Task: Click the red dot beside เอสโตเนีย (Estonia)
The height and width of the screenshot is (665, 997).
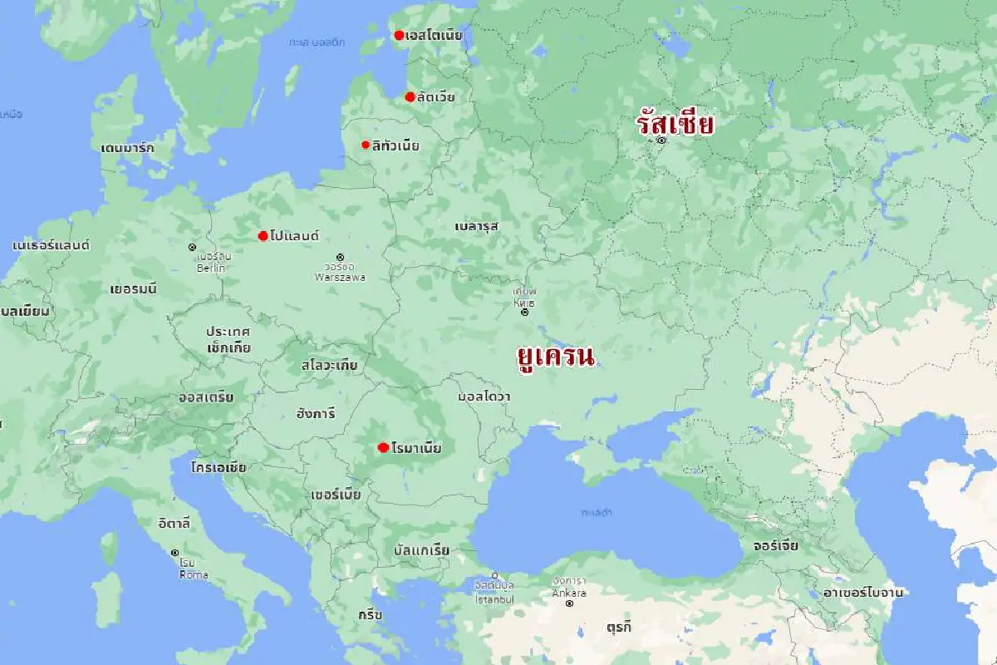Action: pyautogui.click(x=399, y=35)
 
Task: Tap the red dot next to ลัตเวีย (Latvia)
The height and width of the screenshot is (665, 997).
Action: pyautogui.click(x=410, y=97)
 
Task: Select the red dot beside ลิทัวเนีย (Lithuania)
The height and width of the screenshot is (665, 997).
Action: pyautogui.click(x=366, y=145)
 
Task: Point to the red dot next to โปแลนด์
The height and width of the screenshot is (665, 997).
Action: pyautogui.click(x=263, y=236)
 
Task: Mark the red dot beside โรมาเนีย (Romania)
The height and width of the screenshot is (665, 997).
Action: pyautogui.click(x=383, y=447)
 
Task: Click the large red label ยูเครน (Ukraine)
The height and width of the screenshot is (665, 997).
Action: pyautogui.click(x=556, y=357)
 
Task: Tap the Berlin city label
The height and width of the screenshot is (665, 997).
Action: pyautogui.click(x=211, y=268)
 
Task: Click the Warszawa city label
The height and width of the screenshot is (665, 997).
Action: pyautogui.click(x=340, y=277)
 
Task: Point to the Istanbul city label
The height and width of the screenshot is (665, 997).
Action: pyautogui.click(x=494, y=598)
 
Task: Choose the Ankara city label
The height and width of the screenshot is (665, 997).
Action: pyautogui.click(x=569, y=593)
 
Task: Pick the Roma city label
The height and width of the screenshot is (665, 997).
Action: pyautogui.click(x=194, y=574)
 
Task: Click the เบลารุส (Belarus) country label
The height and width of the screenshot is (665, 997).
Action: pyautogui.click(x=476, y=225)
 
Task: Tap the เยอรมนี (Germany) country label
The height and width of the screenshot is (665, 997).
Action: pyautogui.click(x=133, y=289)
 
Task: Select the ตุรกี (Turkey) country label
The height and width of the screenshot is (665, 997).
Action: pyautogui.click(x=618, y=627)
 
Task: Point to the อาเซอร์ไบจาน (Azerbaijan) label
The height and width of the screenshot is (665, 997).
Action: pyautogui.click(x=862, y=593)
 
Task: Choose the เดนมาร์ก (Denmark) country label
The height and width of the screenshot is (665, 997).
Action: pyautogui.click(x=127, y=148)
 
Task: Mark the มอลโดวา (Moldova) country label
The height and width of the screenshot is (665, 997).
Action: pyautogui.click(x=484, y=397)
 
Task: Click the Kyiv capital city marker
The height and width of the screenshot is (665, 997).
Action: pyautogui.click(x=524, y=313)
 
